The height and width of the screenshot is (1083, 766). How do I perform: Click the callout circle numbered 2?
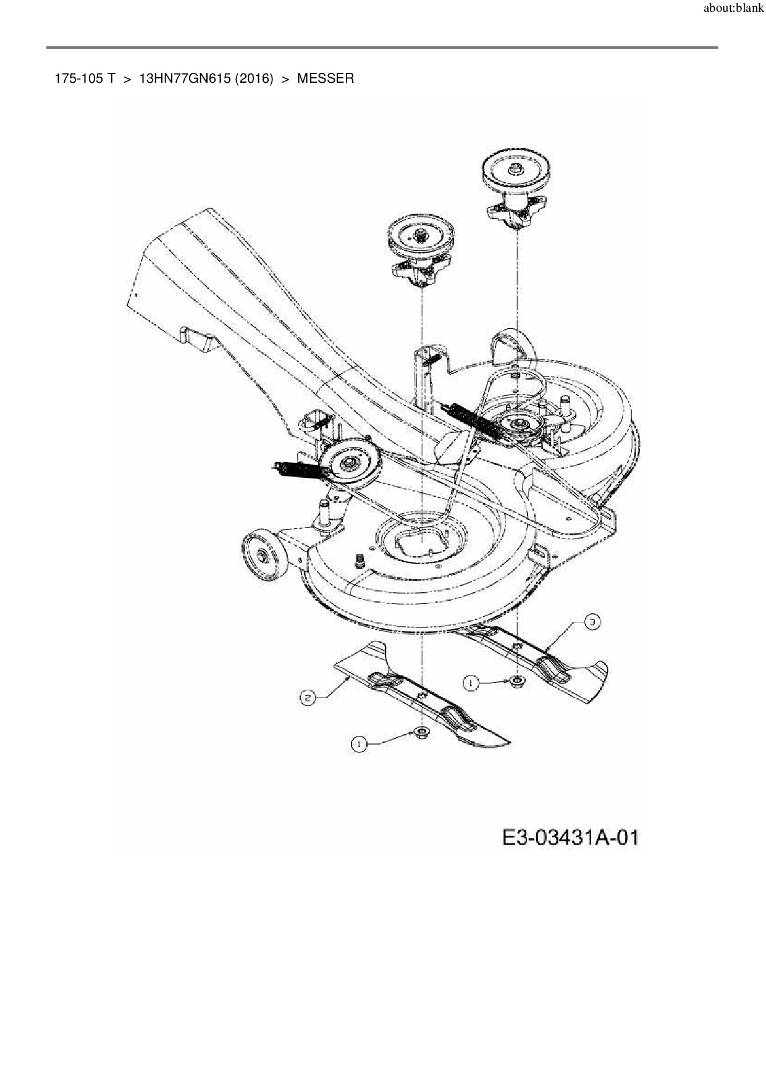[x=307, y=698]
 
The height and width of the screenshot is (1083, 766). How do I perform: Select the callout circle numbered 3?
[x=591, y=622]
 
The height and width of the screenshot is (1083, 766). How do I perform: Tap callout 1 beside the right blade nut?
[x=471, y=683]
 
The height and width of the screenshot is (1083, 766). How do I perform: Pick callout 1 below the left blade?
[x=358, y=745]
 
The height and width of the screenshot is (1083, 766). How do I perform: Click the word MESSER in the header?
[x=326, y=78]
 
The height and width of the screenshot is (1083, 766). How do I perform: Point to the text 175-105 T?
[x=85, y=78]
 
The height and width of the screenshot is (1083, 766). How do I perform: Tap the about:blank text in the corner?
[x=733, y=9]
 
